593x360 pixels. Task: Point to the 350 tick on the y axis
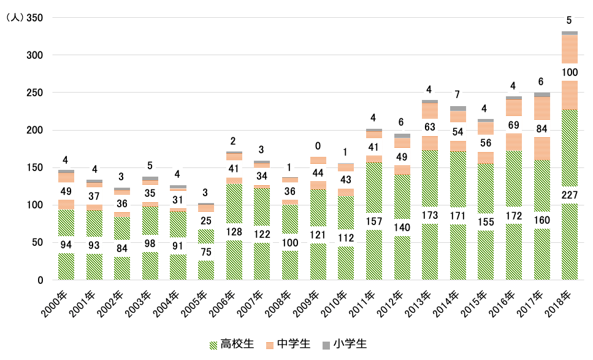tap(34, 18)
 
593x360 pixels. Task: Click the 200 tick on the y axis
tap(34, 130)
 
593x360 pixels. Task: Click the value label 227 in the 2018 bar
tap(569, 195)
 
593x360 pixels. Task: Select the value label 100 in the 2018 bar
tap(569, 72)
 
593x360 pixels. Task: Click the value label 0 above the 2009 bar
tap(318, 146)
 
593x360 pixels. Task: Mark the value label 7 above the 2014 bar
tap(457, 94)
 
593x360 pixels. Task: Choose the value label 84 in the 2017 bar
tap(541, 128)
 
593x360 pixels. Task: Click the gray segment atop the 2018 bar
tap(569, 33)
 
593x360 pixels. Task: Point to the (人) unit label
tap(13, 18)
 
